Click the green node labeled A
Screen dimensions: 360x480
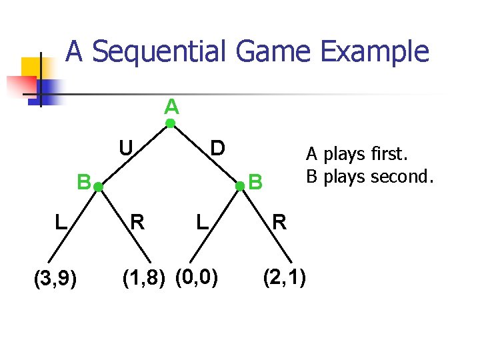coord(171,123)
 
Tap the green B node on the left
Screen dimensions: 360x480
coord(97,189)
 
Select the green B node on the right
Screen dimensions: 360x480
coord(241,189)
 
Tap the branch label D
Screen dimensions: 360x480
coord(217,147)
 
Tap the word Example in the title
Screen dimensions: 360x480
coord(373,51)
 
